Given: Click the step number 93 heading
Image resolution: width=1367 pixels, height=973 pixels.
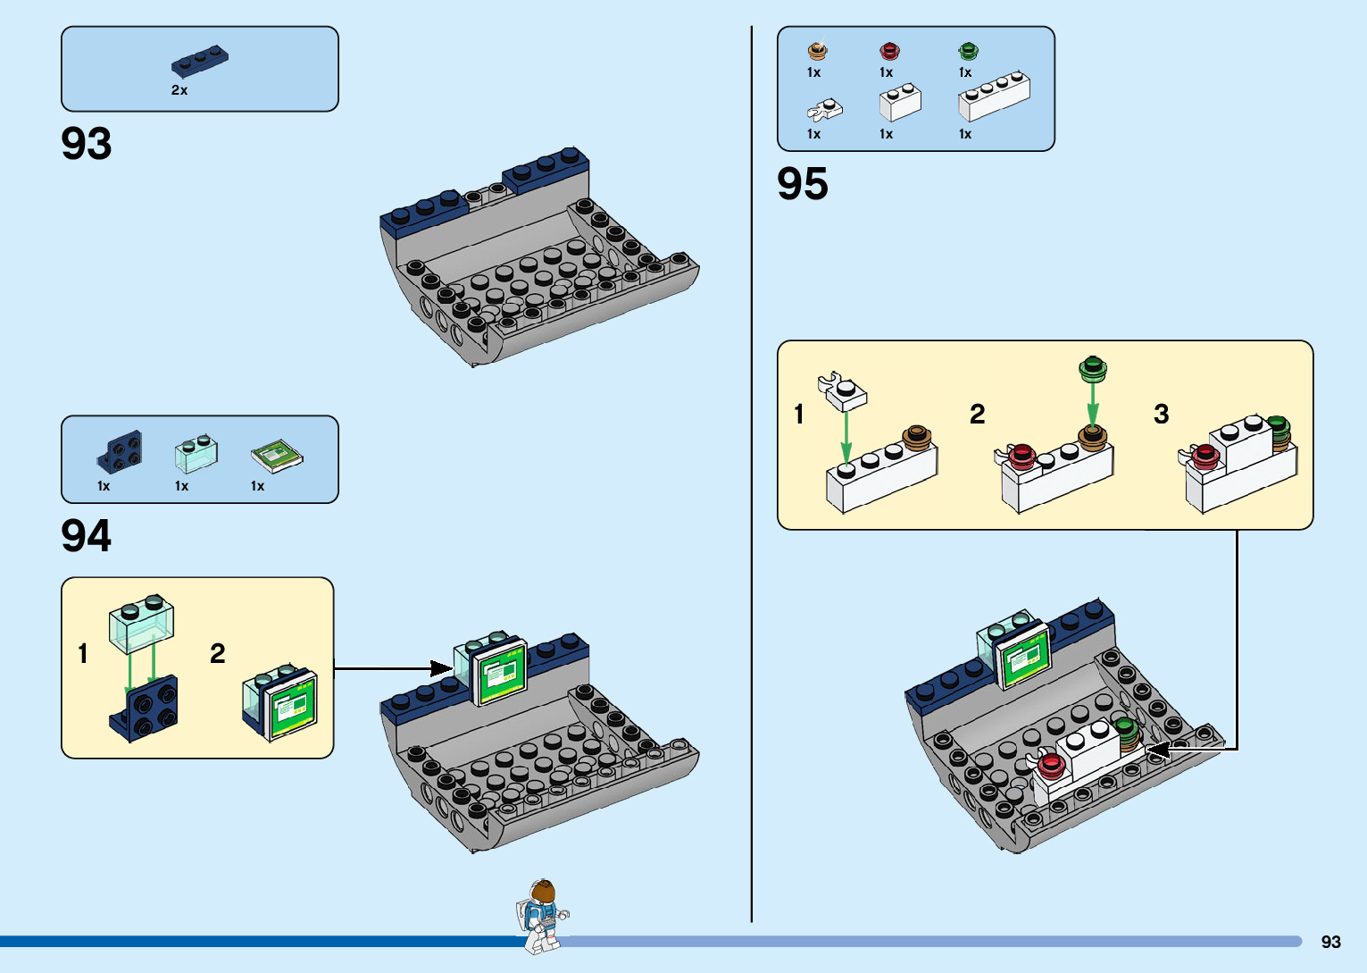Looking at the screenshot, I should pyautogui.click(x=87, y=144).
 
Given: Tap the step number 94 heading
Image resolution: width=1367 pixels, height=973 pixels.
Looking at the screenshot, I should pyautogui.click(x=87, y=537).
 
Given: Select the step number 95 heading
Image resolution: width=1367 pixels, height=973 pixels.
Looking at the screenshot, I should pyautogui.click(x=803, y=185).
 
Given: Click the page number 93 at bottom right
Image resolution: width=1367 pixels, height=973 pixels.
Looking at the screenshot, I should pyautogui.click(x=1330, y=942).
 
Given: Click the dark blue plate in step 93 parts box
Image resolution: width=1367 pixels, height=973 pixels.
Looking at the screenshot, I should pyautogui.click(x=200, y=61).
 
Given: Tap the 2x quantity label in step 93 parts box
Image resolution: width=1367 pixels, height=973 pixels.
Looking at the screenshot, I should pyautogui.click(x=179, y=90).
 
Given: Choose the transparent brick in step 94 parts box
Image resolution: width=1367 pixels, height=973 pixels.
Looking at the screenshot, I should pyautogui.click(x=196, y=454).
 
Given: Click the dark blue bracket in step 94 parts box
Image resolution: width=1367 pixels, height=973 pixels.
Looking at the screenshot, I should pyautogui.click(x=120, y=452).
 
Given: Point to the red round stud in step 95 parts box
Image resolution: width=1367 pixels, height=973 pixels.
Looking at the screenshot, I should pyautogui.click(x=889, y=51).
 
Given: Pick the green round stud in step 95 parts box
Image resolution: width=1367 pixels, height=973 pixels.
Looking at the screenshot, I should pyautogui.click(x=968, y=51).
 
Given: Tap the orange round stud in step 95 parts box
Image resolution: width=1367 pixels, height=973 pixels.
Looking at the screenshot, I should pyautogui.click(x=817, y=51).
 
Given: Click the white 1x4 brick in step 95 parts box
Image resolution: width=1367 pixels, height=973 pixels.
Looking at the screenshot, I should pyautogui.click(x=994, y=96).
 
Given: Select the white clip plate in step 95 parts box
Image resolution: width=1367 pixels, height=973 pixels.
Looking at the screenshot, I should pyautogui.click(x=825, y=110).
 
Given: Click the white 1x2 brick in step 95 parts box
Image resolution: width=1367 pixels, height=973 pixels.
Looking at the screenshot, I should pyautogui.click(x=900, y=102).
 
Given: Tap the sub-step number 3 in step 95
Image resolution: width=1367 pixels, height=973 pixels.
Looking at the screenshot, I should pyautogui.click(x=1161, y=415).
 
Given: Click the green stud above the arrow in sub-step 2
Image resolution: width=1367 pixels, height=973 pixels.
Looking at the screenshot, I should pyautogui.click(x=1092, y=367).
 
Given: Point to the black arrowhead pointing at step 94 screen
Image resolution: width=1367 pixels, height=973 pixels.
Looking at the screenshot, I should pyautogui.click(x=441, y=668).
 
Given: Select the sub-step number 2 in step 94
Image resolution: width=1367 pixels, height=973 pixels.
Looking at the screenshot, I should pyautogui.click(x=217, y=654).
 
